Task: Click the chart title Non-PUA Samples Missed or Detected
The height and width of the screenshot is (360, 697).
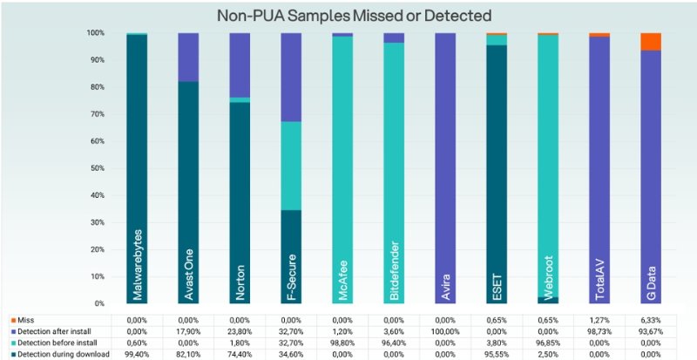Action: coord(354,16)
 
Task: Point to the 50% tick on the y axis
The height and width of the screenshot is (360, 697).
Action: coord(96,168)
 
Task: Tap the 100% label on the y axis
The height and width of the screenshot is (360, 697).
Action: coord(95,33)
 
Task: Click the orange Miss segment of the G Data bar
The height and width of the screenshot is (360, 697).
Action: coord(651,41)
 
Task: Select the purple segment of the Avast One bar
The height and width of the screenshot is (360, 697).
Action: coord(188,57)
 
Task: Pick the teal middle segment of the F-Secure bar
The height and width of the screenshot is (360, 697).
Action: coord(291,166)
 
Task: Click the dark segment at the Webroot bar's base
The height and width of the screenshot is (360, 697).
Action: coord(548,300)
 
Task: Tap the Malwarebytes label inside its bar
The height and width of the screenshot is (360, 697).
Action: coord(137,265)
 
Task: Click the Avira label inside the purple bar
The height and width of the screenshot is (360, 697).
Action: coord(446,288)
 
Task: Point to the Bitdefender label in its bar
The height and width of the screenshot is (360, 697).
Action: coord(394,271)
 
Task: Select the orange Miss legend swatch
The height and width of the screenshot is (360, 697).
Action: coord(14,320)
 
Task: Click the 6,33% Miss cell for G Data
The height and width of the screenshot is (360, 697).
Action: coord(651,321)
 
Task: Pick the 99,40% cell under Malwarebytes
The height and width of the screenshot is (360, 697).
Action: coord(137,354)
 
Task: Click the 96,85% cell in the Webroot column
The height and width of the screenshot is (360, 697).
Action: coord(548,343)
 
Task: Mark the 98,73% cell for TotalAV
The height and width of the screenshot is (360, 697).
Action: coord(599,331)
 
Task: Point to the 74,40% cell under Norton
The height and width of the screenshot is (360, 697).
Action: coord(240,354)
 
